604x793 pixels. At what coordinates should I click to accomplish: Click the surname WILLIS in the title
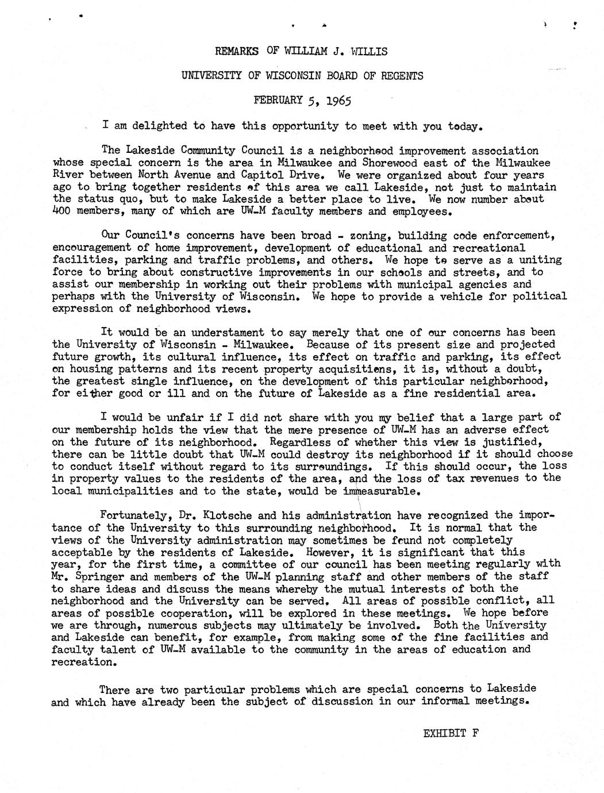(369, 51)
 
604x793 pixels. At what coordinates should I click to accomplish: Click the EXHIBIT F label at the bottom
(451, 733)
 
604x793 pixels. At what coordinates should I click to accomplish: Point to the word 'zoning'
(368, 236)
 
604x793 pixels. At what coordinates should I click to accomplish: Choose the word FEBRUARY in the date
(278, 100)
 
